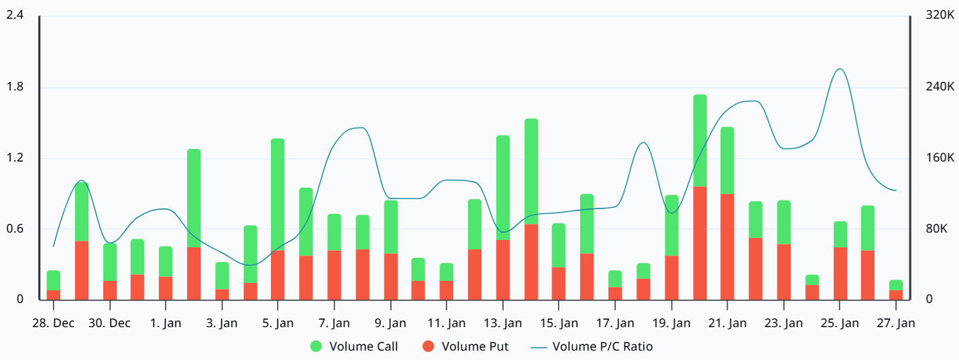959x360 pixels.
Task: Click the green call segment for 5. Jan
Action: click(x=278, y=194)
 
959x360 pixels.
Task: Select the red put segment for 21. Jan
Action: click(x=727, y=247)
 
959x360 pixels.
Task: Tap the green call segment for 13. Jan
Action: click(x=503, y=188)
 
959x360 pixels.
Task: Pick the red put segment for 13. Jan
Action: click(x=503, y=269)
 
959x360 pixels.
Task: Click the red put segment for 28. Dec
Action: click(x=54, y=295)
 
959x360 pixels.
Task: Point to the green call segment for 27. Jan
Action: click(x=896, y=285)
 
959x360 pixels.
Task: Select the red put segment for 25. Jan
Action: click(x=840, y=274)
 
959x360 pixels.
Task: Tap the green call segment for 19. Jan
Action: click(x=671, y=225)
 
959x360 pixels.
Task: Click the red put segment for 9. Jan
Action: click(x=391, y=276)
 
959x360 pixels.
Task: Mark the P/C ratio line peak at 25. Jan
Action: click(x=840, y=69)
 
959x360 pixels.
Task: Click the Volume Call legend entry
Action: click(x=355, y=347)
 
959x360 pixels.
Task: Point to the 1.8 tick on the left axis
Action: click(x=15, y=87)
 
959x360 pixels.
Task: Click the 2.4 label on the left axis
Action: click(x=15, y=15)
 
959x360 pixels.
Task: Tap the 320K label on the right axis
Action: click(x=939, y=15)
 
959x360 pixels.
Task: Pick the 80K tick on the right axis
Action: click(x=936, y=229)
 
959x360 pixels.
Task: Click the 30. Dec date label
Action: click(x=109, y=323)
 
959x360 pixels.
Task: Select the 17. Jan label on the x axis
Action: click(x=615, y=323)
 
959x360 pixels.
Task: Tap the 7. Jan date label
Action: click(x=334, y=323)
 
